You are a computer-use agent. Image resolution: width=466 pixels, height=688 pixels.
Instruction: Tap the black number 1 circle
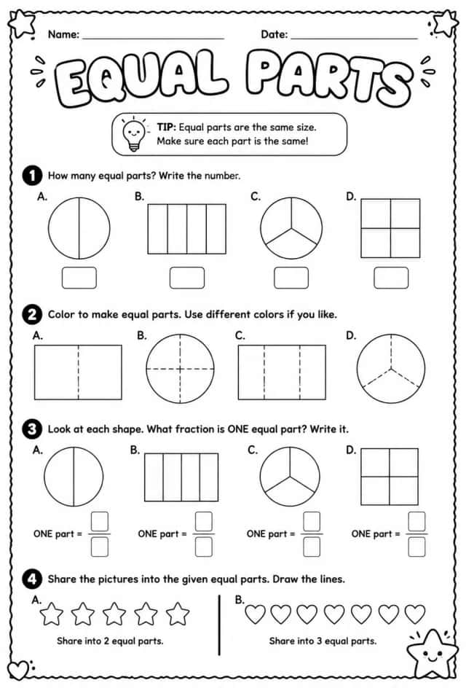(32, 176)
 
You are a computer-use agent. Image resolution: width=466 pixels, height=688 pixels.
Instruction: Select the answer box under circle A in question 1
(79, 278)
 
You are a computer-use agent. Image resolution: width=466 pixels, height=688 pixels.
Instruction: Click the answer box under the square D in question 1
(391, 278)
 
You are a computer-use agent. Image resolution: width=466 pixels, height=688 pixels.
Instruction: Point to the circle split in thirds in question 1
(291, 228)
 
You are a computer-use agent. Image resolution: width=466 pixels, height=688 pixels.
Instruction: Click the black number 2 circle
(32, 315)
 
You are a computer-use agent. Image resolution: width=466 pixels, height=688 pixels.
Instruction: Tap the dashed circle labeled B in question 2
(180, 369)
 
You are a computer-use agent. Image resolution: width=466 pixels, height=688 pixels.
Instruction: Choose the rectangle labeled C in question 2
(282, 372)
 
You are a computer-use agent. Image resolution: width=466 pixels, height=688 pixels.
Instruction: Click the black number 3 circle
(32, 429)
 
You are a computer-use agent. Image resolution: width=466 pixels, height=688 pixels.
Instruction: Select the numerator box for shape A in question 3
(100, 521)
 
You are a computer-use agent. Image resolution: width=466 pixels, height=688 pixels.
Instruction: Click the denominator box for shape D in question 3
(416, 547)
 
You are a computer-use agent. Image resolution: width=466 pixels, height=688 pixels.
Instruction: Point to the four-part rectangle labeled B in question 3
(181, 477)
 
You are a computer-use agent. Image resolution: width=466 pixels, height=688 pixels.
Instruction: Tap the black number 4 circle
(32, 579)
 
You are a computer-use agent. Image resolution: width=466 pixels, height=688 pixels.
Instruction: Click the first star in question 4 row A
(52, 614)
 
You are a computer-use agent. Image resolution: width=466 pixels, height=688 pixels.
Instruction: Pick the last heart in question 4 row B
(415, 614)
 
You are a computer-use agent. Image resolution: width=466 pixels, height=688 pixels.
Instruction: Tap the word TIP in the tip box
(166, 128)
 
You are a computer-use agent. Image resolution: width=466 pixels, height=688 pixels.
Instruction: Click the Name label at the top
(63, 34)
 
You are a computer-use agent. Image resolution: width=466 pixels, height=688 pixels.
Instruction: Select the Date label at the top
(275, 34)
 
